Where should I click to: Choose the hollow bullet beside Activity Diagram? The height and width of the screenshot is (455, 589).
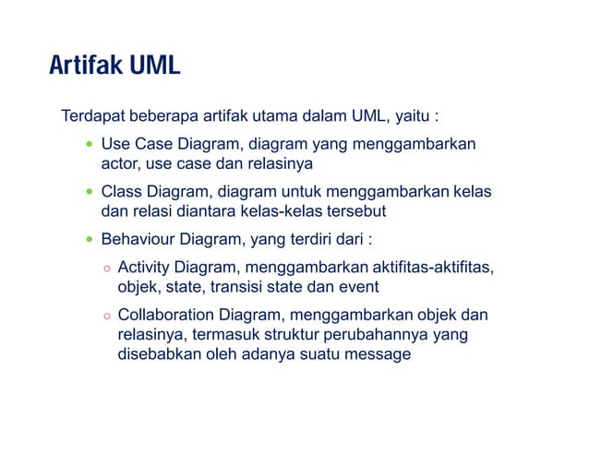pos(107,269)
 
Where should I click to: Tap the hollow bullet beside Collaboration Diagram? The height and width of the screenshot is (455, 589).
pos(107,316)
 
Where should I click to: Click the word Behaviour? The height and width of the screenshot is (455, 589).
pos(138,240)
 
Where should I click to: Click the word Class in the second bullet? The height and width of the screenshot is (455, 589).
pos(121,192)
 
